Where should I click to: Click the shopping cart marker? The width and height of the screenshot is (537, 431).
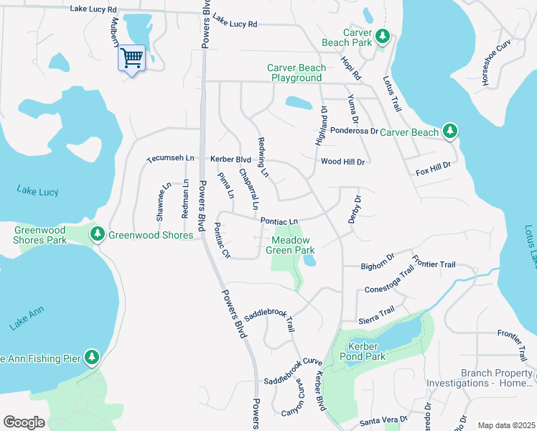coord(131,57)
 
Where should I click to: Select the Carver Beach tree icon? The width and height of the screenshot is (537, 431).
coord(450,130)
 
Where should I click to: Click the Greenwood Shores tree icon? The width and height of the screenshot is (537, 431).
coord(97,233)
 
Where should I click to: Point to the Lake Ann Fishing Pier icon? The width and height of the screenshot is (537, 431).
coord(91,356)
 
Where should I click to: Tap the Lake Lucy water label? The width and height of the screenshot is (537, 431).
coord(37,192)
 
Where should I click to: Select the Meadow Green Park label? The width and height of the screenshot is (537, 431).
coord(291,245)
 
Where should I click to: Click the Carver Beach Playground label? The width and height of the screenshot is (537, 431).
coord(296,73)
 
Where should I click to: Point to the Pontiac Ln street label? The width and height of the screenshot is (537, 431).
coord(279,221)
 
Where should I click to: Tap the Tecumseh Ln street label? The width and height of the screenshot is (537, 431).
coord(171,158)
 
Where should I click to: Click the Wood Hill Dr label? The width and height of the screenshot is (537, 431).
coord(342,162)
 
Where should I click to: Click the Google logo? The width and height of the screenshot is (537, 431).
coord(24,422)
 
